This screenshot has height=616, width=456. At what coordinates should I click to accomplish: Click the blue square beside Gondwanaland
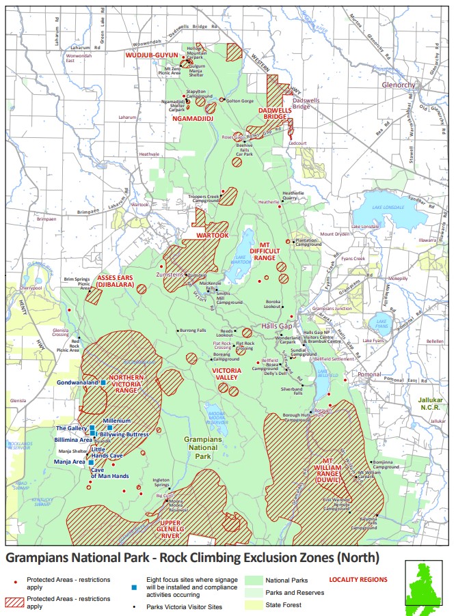click(103, 383)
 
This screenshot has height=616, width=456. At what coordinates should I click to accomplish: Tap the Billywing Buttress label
click(124, 434)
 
